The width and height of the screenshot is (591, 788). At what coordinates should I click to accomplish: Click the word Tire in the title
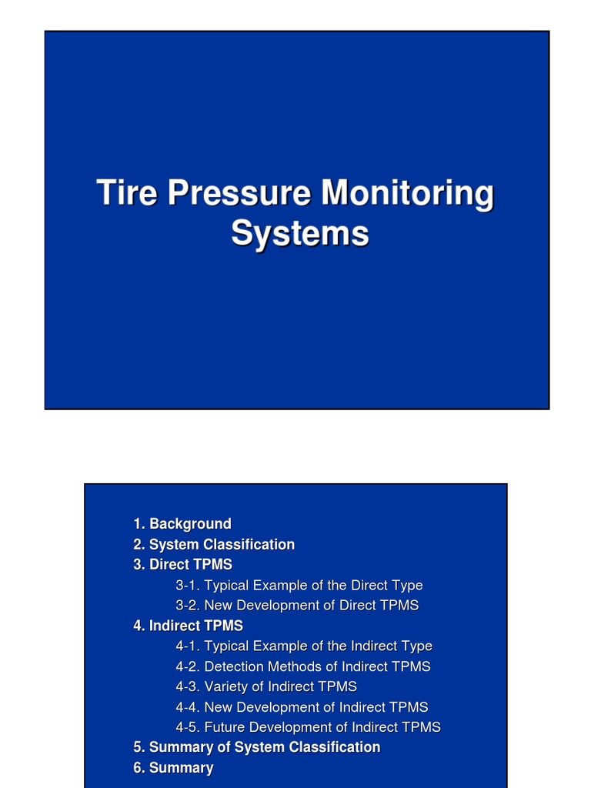click(127, 193)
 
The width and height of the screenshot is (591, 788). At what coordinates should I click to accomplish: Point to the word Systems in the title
click(299, 233)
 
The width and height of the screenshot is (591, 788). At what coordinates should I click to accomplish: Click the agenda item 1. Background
click(182, 524)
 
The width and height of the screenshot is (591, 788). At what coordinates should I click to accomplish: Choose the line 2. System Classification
click(214, 545)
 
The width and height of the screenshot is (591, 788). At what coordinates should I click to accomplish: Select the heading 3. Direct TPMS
click(182, 565)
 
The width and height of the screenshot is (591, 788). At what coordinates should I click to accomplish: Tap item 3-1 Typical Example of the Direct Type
click(299, 586)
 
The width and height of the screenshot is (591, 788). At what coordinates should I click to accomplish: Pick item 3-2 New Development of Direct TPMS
click(297, 606)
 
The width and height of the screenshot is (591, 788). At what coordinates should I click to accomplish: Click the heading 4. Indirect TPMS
click(188, 626)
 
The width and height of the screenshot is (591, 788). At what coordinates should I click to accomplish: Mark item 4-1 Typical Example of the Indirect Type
click(304, 646)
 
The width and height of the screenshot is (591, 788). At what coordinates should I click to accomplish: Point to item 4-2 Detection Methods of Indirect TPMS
click(303, 666)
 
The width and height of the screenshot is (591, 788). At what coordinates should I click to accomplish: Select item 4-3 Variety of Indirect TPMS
click(266, 686)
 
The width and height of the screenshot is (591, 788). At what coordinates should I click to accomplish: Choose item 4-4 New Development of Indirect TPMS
click(302, 707)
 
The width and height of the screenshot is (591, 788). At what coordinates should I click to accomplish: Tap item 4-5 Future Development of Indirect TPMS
click(308, 727)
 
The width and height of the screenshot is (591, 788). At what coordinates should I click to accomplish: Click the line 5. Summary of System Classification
click(256, 747)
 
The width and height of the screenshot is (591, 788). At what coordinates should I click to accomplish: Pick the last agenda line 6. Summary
click(173, 768)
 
